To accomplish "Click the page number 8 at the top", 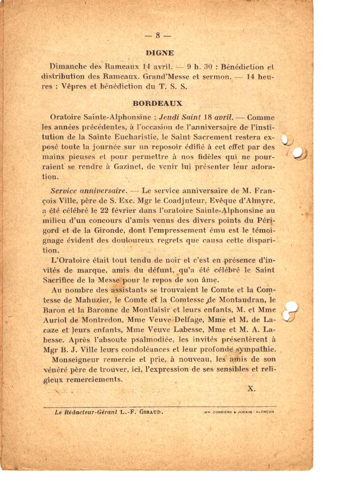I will click(x=158, y=35).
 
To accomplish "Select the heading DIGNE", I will click(x=159, y=53).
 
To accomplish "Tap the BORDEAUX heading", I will click(x=157, y=104).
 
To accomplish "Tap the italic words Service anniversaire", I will click(x=88, y=191).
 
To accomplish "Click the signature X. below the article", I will click(x=251, y=388).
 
